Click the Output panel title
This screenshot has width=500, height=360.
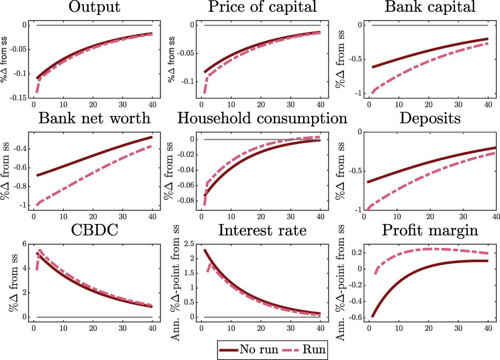pyautogui.click(x=94, y=7)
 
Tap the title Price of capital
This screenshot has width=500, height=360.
pyautogui.click(x=262, y=7)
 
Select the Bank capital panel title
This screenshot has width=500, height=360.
pyautogui.click(x=430, y=7)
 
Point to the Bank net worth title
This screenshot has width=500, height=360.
pyautogui.click(x=94, y=118)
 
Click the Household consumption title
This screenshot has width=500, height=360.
pyautogui.click(x=262, y=118)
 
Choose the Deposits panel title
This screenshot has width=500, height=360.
pyautogui.click(x=430, y=118)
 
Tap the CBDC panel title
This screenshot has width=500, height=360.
pyautogui.click(x=94, y=230)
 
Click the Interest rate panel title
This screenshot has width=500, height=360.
pyautogui.click(x=262, y=230)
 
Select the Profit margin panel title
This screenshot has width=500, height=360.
pyautogui.click(x=430, y=230)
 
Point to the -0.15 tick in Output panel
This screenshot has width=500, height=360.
pyautogui.click(x=18, y=98)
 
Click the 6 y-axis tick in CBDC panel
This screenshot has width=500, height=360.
pyautogui.click(x=25, y=244)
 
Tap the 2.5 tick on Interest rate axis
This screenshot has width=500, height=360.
pyautogui.click(x=189, y=244)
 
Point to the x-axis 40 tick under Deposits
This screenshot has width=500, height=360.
pyautogui.click(x=495, y=217)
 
